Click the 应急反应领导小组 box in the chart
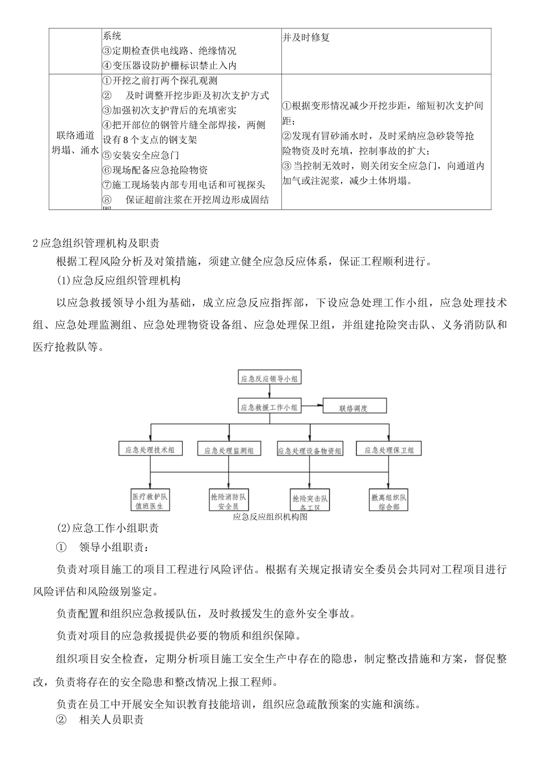click(269, 378)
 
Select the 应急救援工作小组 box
click(269, 406)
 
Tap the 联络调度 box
click(354, 406)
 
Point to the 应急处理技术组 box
click(150, 449)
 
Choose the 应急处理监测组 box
click(229, 449)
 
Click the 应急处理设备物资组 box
click(310, 450)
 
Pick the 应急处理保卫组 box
click(389, 449)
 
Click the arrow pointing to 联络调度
click(312, 406)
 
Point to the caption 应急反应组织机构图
click(270, 517)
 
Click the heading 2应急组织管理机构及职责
click(96, 244)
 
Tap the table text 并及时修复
click(306, 37)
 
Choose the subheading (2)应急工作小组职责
click(108, 529)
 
